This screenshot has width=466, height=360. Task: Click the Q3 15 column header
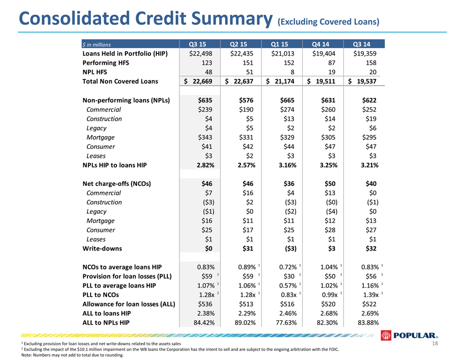coord(198,44)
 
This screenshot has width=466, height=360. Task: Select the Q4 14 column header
coord(320,44)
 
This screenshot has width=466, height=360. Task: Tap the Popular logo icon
coord(386,335)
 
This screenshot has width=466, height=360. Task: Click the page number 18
coord(435,344)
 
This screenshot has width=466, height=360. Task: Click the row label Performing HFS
coord(106,63)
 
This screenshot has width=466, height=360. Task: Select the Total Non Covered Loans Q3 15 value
coord(198,82)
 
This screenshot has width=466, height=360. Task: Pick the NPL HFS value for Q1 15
coord(292,72)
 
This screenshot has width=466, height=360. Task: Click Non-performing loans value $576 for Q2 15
coord(246,101)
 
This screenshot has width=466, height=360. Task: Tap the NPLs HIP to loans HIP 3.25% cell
coord(328,165)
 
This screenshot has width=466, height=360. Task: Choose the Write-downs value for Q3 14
coord(371,249)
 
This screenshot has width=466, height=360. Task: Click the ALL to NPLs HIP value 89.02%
coord(245,322)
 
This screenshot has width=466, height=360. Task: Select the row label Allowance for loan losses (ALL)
coord(129,304)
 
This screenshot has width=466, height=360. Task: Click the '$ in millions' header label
coord(96,44)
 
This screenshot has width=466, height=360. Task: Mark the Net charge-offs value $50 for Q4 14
coord(330,184)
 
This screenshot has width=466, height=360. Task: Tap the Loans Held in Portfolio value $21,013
coord(283,54)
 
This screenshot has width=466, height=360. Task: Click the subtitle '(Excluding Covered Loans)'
coord(328,22)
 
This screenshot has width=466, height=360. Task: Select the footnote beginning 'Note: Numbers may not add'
coord(72,355)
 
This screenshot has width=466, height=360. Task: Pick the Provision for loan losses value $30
coord(289,276)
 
